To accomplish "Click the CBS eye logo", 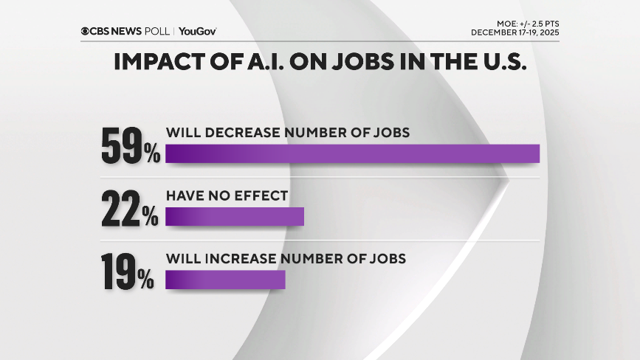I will [x=86, y=31].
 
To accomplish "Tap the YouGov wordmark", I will [x=197, y=31].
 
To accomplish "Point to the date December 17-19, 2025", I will [x=515, y=32].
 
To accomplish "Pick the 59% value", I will [x=130, y=146].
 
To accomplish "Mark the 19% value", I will [x=128, y=272].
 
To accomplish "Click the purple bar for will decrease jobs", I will [x=352, y=153].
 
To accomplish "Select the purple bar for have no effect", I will [x=235, y=216].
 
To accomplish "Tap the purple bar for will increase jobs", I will [x=225, y=280].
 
